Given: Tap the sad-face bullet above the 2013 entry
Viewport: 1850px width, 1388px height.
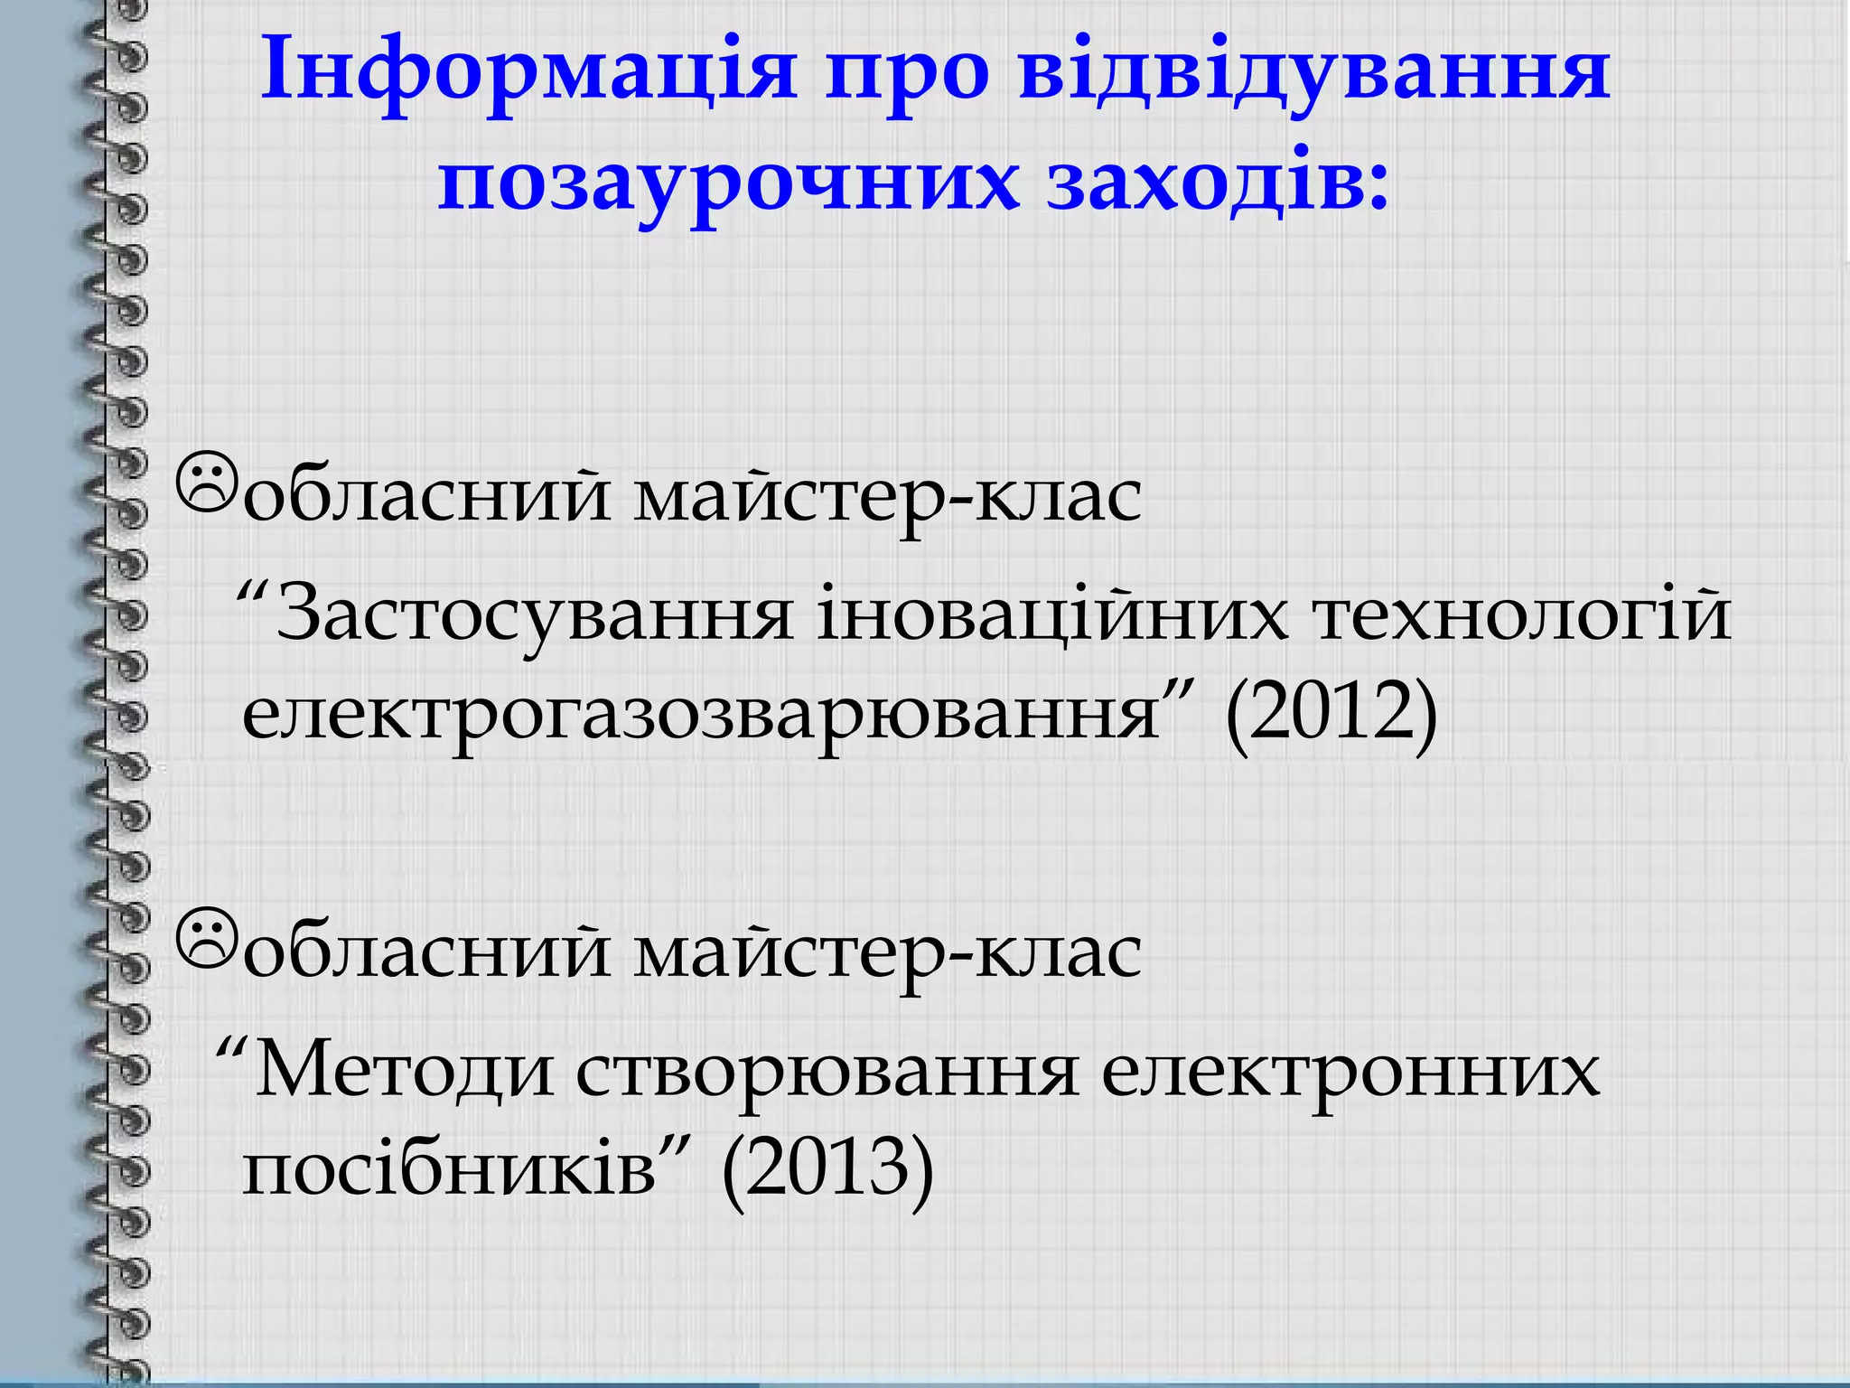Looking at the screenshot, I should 207,937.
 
